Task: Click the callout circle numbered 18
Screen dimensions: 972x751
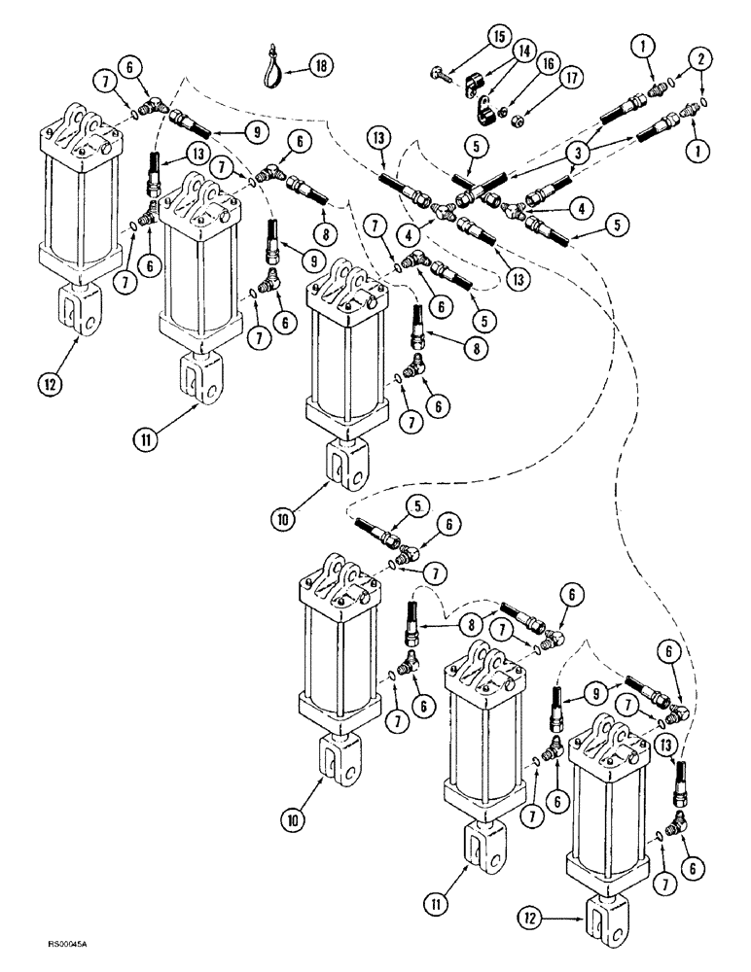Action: pos(321,65)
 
